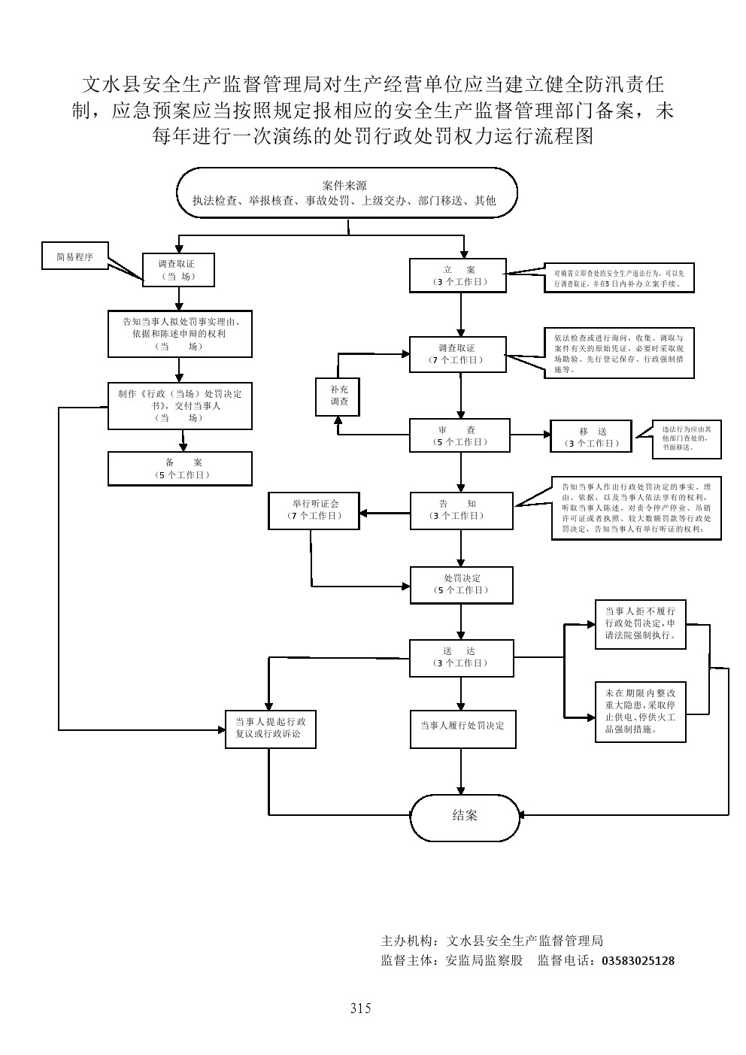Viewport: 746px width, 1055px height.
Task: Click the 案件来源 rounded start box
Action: pos(347,193)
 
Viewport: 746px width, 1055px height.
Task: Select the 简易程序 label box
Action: pos(75,256)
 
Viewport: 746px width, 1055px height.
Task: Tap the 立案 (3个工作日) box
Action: pos(458,275)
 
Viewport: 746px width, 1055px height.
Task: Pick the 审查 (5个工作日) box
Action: pos(460,435)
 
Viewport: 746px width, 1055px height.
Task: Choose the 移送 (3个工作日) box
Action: pos(591,437)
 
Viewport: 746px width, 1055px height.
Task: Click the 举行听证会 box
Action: pos(314,509)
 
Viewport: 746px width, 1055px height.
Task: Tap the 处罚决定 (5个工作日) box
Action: pos(461,584)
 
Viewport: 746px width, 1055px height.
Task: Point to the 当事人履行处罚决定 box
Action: pos(462,726)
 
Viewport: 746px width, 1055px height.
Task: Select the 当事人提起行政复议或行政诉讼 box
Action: pos(270,727)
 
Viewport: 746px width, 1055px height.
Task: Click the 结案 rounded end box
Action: pos(465,815)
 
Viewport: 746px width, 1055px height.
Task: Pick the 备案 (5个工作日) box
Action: pos(180,468)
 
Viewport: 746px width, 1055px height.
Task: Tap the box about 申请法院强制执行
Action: pos(640,623)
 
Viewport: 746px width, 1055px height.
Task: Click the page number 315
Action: pos(360,1008)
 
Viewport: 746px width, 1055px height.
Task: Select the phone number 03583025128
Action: pos(638,960)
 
